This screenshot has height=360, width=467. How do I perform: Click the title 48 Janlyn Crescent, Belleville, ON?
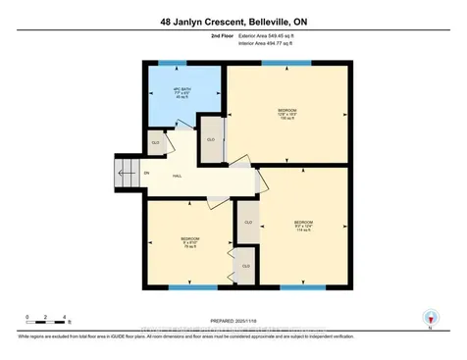[x=233, y=20]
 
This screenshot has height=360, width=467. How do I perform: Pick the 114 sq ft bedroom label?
[x=303, y=227]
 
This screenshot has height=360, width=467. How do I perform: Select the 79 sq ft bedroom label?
[x=189, y=242]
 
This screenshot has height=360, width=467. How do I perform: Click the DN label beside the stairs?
[x=147, y=174]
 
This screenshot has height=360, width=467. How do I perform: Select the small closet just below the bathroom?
[x=156, y=143]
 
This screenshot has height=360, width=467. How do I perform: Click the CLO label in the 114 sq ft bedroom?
[x=248, y=223]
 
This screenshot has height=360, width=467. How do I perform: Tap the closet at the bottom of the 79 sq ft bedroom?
[x=245, y=266]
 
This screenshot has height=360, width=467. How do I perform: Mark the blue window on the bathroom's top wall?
[x=173, y=64]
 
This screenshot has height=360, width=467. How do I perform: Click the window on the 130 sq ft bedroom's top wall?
[x=288, y=64]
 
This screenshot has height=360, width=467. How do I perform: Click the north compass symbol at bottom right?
[x=428, y=318]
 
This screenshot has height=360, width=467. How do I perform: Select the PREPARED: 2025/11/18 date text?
[x=233, y=321]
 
